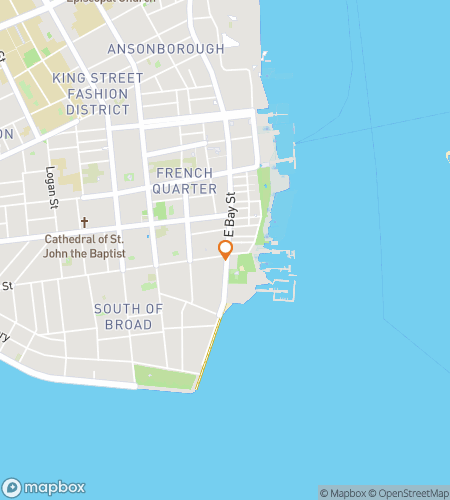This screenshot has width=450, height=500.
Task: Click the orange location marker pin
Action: tap(226, 249)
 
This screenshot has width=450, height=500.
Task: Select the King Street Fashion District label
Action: tap(98, 93)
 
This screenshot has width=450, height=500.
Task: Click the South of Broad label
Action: tap(128, 316)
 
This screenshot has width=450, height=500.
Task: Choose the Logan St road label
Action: tap(49, 189)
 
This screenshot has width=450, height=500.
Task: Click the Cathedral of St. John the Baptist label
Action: tap(85, 246)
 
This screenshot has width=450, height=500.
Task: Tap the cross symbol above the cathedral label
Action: tap(85, 223)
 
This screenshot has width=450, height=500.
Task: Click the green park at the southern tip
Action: tap(166, 378)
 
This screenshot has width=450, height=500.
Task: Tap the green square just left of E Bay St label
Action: tap(160, 211)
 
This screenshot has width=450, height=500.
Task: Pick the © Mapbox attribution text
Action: tap(342, 493)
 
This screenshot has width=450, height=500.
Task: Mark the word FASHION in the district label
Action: tap(98, 93)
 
